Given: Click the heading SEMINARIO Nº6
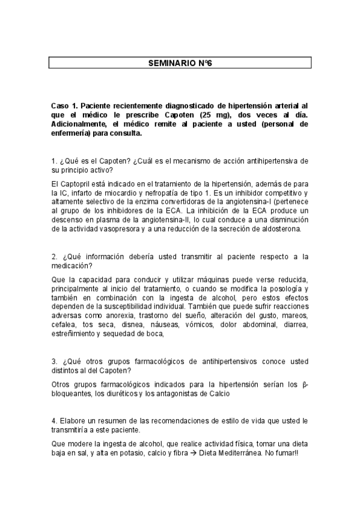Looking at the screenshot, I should click(x=179, y=63).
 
